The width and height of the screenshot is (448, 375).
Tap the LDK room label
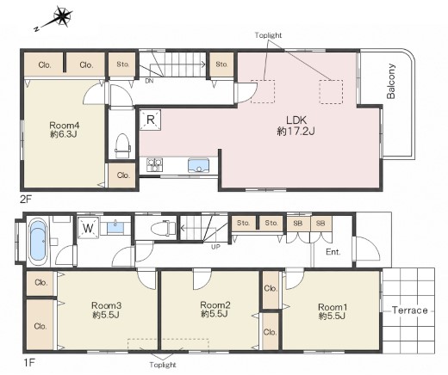coord(296,120)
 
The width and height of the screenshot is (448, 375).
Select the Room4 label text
coord(65,126)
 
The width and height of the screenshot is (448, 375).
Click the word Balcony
coord(391,82)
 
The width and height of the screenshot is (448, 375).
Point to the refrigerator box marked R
coord(150,120)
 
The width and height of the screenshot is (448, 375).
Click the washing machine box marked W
coord(89,228)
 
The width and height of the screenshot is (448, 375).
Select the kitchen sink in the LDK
coord(198,165)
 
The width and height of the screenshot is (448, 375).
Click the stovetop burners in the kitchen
coord(154,165)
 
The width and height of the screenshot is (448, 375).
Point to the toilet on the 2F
coord(123,145)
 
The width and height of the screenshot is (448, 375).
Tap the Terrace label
coord(410,310)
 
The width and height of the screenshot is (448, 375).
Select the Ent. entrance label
coord(333,252)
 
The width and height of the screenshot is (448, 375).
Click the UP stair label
coord(215,246)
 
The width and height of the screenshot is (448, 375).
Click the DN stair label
coord(149,81)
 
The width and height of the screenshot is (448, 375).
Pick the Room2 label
coord(215,304)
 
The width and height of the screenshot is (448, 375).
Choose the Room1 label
coord(333,307)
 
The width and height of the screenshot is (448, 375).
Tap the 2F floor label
coord(26,199)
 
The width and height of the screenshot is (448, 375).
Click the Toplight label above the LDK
coord(268,35)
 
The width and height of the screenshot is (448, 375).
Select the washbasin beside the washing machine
coord(115,226)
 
